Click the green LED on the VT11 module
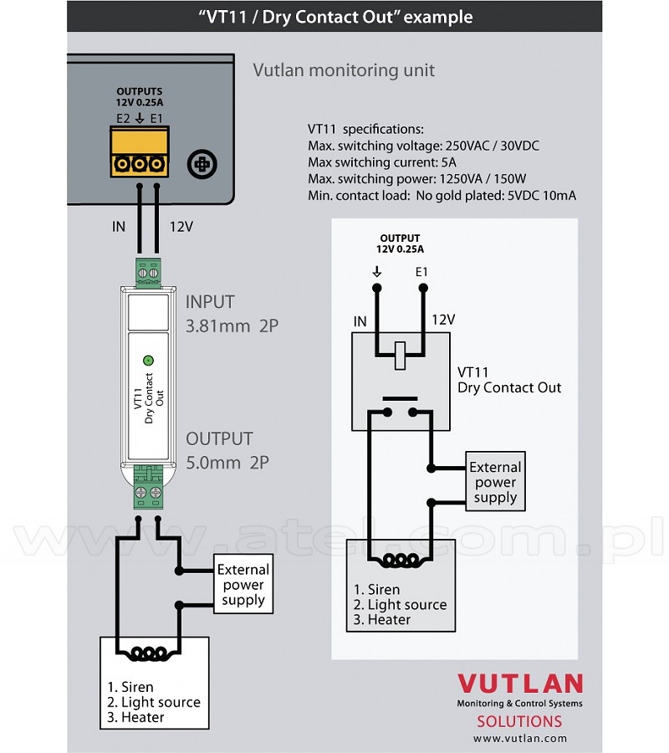tap(148, 360)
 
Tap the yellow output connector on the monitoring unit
tap(139, 151)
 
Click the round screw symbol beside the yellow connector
tap(202, 164)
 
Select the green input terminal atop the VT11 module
tap(148, 272)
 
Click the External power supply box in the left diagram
tap(243, 584)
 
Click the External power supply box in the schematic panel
tap(495, 481)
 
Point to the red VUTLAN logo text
tap(520, 684)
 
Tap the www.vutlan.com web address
tap(520, 738)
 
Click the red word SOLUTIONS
tap(519, 721)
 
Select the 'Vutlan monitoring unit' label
tap(344, 70)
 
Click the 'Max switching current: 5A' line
tap(382, 162)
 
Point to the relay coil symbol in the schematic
tap(400, 356)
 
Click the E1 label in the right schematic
tap(421, 272)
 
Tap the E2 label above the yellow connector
tap(123, 118)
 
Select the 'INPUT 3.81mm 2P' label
tap(232, 314)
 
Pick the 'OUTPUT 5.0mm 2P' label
tap(227, 450)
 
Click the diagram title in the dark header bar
tap(335, 17)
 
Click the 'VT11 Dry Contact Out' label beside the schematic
tap(509, 380)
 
